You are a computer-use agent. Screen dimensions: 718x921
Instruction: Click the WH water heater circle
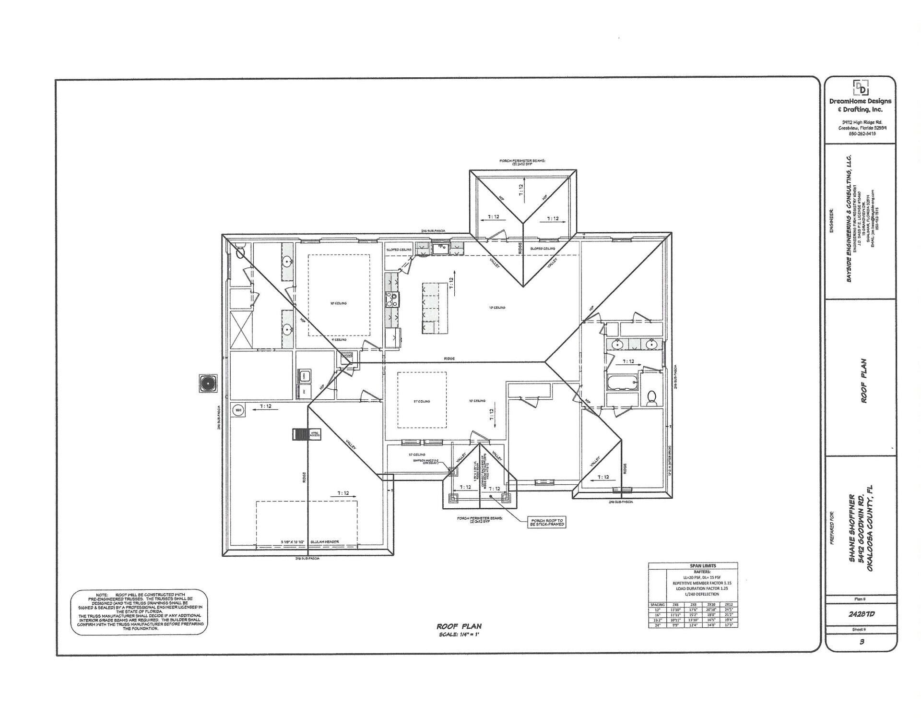(x=238, y=410)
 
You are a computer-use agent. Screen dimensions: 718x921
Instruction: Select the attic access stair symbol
(x=301, y=434)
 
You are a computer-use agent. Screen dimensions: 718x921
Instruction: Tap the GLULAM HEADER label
(x=324, y=542)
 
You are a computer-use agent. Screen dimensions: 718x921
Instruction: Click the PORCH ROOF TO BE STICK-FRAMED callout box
(x=546, y=523)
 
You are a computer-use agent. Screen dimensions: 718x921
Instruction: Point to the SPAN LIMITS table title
(x=703, y=566)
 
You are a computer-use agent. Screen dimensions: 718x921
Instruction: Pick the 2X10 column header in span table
(x=711, y=605)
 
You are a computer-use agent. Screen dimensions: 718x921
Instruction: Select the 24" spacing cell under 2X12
(x=728, y=625)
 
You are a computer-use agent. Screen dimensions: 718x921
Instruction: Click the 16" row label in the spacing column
(x=657, y=615)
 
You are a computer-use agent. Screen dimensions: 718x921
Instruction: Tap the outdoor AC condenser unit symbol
(x=208, y=383)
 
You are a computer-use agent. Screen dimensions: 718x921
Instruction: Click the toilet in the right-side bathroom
(x=651, y=398)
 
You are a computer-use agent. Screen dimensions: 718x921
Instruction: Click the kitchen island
(x=434, y=308)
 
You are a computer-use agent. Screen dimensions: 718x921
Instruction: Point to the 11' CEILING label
(x=422, y=401)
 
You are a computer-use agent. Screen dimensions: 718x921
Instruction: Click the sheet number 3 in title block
(x=862, y=642)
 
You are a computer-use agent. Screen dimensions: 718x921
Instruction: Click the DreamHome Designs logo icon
(x=861, y=88)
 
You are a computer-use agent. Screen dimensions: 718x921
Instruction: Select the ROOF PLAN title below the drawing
(x=459, y=626)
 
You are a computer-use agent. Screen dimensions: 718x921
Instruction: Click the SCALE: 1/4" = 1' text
(x=459, y=635)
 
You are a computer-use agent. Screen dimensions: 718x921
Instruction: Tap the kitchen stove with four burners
(x=392, y=299)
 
